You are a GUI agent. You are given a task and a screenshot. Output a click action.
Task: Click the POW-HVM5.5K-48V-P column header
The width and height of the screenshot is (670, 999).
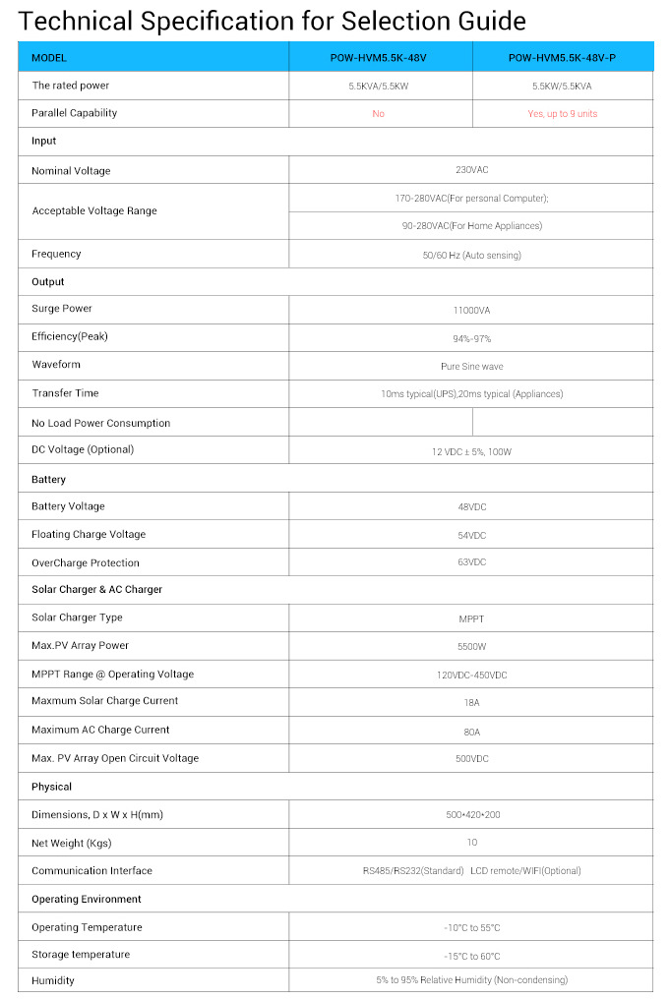tap(562, 58)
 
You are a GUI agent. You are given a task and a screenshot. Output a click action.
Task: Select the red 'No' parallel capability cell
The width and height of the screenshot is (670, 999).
tap(379, 114)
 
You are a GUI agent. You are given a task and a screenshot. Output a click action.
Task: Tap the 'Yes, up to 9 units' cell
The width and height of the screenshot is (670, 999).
tap(562, 114)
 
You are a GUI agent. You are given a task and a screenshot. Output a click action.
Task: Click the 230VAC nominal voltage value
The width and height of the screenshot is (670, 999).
tap(471, 170)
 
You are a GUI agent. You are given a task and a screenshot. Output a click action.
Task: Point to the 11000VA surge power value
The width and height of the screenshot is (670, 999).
tap(471, 310)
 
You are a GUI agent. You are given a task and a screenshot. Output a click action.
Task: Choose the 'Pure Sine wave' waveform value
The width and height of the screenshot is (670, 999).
tap(471, 366)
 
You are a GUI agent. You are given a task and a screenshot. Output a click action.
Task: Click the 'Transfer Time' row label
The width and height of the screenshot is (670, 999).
tap(65, 393)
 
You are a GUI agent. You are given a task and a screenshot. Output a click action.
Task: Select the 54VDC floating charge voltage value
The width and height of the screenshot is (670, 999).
tap(471, 535)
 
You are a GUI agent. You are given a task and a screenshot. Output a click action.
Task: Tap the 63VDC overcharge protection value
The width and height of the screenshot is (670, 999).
tap(471, 562)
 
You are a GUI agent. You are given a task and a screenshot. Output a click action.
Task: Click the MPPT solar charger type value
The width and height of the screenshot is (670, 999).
tap(471, 618)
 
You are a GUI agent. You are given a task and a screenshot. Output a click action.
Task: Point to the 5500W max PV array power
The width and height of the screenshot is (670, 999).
tap(471, 646)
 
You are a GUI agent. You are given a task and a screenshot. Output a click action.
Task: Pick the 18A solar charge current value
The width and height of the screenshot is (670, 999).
tap(471, 702)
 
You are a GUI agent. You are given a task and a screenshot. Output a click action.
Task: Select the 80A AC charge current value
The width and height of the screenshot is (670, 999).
tap(471, 731)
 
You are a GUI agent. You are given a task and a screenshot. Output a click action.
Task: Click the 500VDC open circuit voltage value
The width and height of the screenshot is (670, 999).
tap(471, 758)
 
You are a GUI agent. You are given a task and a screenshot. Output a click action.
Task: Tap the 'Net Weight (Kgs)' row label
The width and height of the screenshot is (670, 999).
tap(73, 843)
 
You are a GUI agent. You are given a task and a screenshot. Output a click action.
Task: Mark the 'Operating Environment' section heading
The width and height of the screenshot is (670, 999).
tap(86, 899)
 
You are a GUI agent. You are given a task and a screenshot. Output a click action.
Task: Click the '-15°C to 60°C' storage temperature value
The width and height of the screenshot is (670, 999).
tap(471, 956)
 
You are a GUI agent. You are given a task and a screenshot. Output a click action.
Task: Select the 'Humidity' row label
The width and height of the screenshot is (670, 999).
tap(53, 980)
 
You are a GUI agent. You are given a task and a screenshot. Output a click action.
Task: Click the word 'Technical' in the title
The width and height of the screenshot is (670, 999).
tap(74, 21)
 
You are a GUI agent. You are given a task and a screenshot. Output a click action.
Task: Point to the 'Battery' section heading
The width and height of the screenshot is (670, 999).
tap(49, 479)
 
